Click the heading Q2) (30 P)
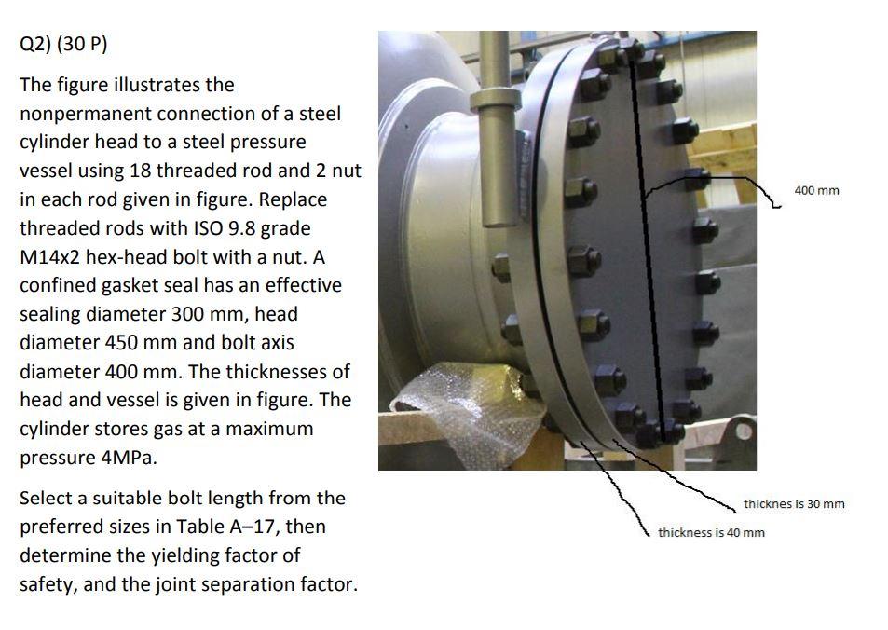(63, 44)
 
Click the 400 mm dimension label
(816, 190)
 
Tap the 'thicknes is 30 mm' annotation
(794, 503)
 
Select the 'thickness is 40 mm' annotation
(711, 532)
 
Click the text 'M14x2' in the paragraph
(50, 257)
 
